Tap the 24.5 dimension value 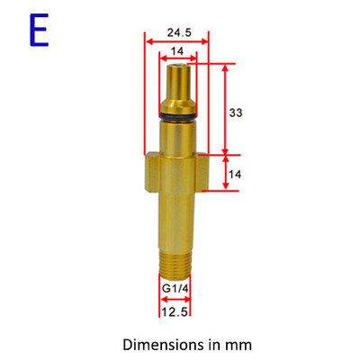click(x=176, y=33)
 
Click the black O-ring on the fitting click(x=176, y=114)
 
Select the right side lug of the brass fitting click(x=202, y=171)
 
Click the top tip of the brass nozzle click(x=176, y=67)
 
